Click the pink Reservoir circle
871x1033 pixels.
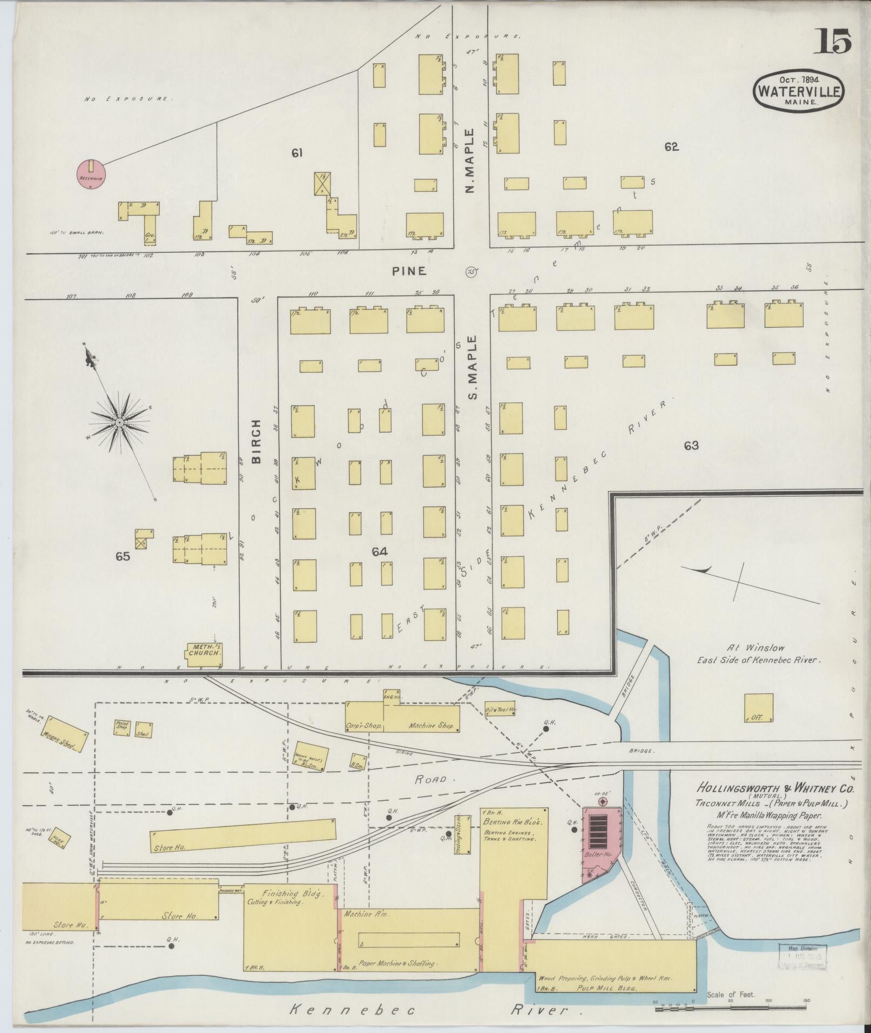[91, 174]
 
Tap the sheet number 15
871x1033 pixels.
[832, 42]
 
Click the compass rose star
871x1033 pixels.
[118, 421]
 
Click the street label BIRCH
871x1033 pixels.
[256, 442]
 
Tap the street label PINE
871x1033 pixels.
[409, 271]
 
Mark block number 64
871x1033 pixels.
[380, 551]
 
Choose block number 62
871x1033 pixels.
[671, 146]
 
